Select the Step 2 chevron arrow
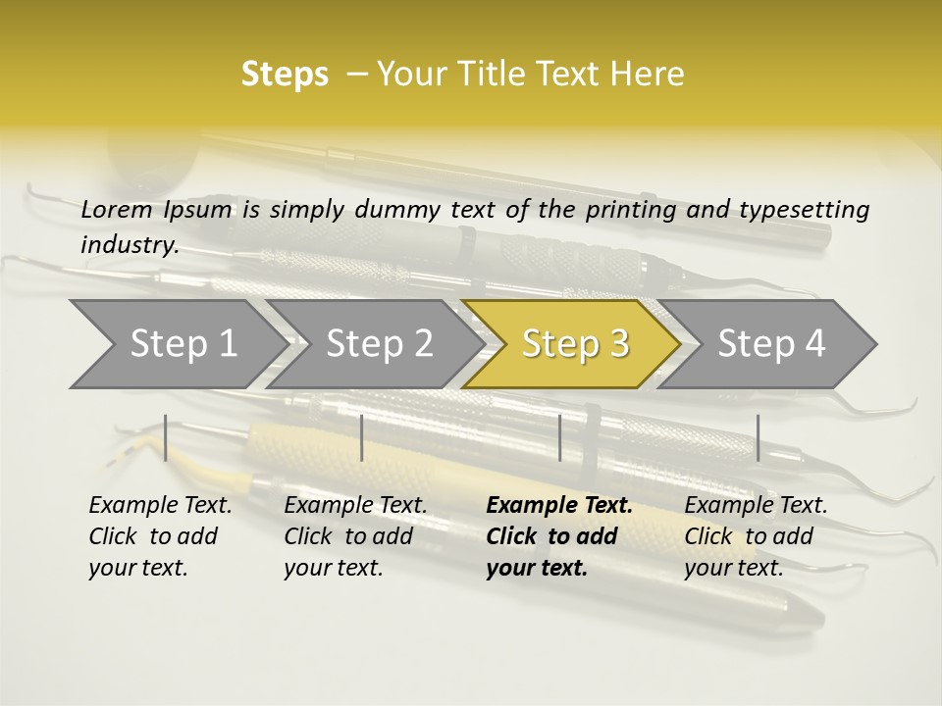[x=378, y=344]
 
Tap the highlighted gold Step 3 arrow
[x=574, y=344]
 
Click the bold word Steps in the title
[x=285, y=75]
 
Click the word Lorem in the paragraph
[x=117, y=209]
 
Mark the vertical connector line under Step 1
[x=166, y=437]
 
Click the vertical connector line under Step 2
[x=362, y=437]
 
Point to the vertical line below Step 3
[x=559, y=437]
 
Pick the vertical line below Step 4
[x=758, y=437]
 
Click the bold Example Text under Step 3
[x=559, y=506]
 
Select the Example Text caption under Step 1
[x=161, y=506]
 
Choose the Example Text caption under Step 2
[x=356, y=506]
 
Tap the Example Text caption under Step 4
[x=757, y=506]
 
